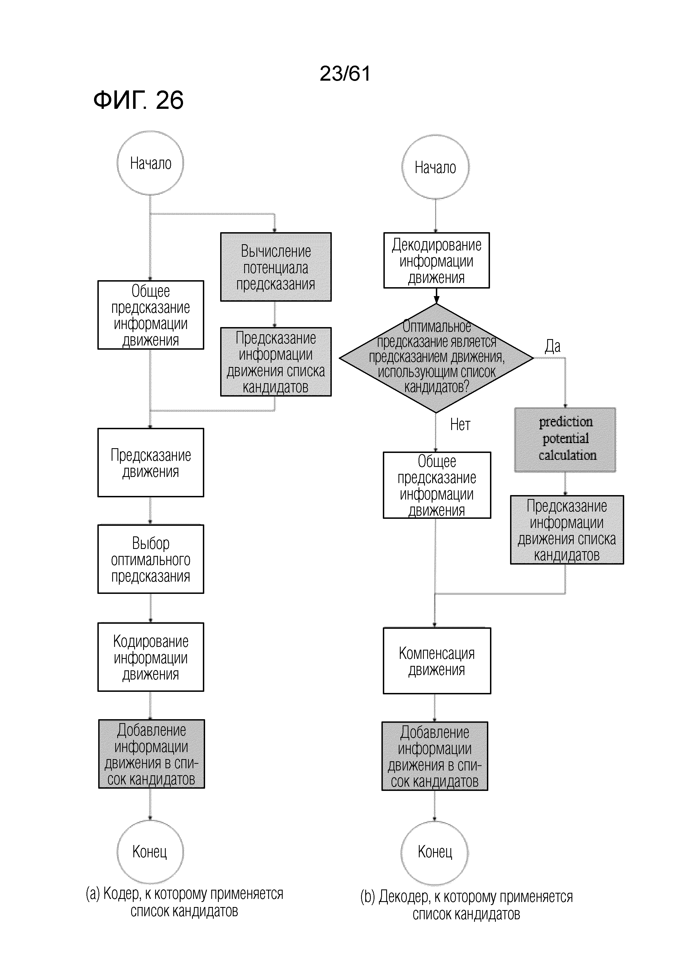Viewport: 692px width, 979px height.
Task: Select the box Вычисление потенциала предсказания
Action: (x=276, y=267)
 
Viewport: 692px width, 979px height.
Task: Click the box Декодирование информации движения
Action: (x=437, y=261)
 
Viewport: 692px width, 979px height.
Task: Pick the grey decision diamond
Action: (x=436, y=358)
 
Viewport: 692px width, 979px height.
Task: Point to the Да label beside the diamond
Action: (x=552, y=346)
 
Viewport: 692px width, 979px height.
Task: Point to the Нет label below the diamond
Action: (x=460, y=425)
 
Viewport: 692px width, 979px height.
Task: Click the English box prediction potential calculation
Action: (x=565, y=440)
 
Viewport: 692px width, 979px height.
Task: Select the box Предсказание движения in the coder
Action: (x=151, y=463)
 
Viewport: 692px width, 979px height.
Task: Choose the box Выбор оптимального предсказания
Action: (x=151, y=559)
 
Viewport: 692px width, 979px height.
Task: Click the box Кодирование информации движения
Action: (x=151, y=657)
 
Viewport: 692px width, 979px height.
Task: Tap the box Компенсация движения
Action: (x=437, y=661)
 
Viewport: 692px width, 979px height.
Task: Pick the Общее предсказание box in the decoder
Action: (x=437, y=485)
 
